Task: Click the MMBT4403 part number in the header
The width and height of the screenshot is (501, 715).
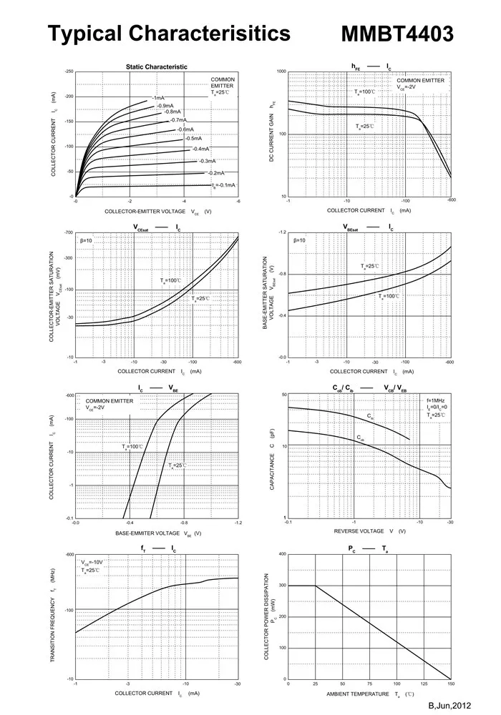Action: click(x=397, y=34)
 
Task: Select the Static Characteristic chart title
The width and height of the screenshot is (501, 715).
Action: click(x=157, y=66)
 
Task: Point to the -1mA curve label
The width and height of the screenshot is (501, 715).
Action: click(x=158, y=97)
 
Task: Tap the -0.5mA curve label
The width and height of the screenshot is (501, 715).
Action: click(x=193, y=138)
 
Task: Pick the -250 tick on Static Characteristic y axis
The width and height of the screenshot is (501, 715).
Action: click(x=69, y=72)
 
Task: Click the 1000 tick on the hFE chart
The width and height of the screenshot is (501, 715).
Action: click(x=281, y=72)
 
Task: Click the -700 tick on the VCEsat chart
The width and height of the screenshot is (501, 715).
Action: click(x=69, y=233)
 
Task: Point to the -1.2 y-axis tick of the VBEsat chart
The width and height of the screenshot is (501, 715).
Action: click(x=281, y=233)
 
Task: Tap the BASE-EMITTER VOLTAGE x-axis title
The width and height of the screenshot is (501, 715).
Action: click(x=147, y=533)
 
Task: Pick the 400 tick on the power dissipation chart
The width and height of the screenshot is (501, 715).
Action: click(x=282, y=554)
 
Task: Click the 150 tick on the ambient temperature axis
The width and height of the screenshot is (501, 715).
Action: click(x=450, y=684)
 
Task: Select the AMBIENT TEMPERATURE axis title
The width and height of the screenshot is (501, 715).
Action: click(x=359, y=694)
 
